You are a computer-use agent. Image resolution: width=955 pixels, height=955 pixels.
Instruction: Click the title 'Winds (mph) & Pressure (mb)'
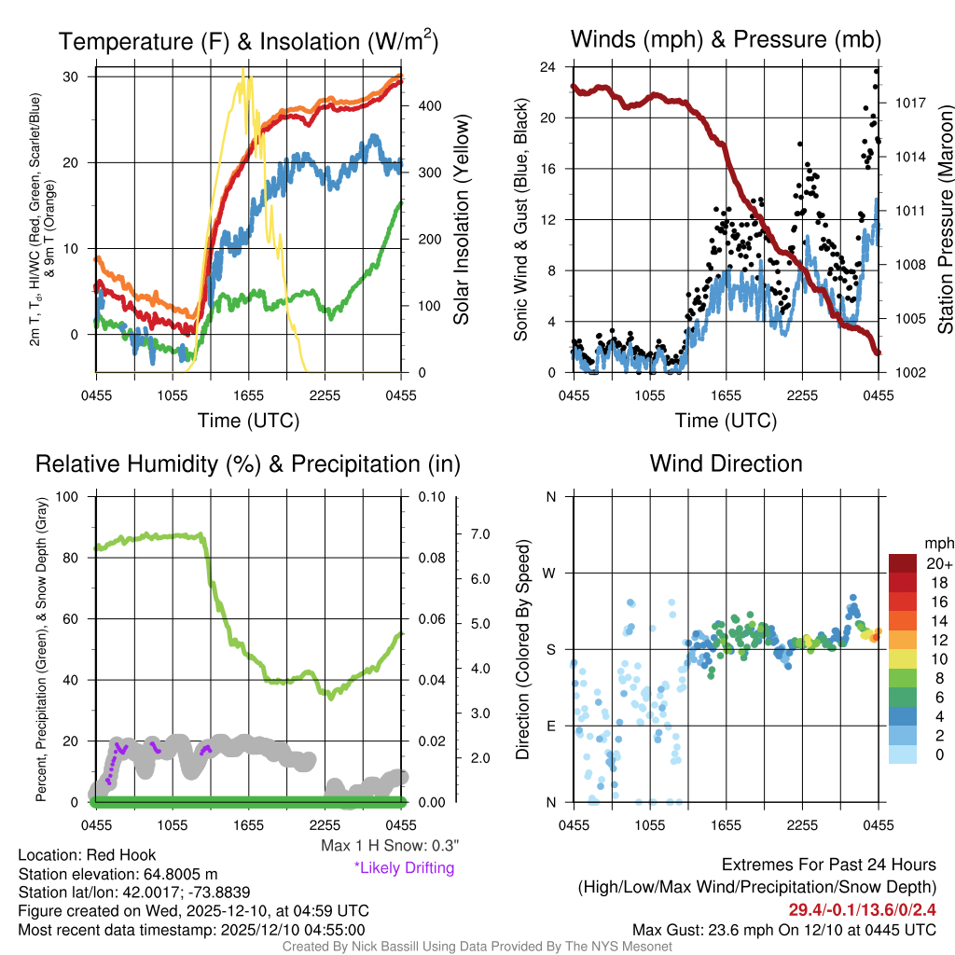coord(726,39)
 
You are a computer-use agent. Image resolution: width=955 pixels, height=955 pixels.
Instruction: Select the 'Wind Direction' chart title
coord(726,464)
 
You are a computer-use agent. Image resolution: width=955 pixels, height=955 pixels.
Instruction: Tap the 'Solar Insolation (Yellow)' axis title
coord(461,220)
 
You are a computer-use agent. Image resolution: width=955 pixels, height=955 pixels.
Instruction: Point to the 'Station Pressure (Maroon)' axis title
coord(944,220)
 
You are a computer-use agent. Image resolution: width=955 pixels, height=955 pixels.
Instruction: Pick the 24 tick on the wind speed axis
coord(548,67)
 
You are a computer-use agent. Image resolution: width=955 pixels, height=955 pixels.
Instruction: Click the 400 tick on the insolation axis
coord(428,106)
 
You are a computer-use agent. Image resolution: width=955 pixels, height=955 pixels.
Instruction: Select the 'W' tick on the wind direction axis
coord(550,574)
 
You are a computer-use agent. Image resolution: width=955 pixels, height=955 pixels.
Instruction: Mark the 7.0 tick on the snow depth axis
coord(479,534)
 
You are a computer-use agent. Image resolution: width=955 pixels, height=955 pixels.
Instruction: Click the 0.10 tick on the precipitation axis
coord(430,496)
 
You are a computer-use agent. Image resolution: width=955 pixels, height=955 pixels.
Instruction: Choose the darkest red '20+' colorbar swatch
coord(903,563)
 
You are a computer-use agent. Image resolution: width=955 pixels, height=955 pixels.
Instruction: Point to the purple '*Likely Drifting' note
coord(404,868)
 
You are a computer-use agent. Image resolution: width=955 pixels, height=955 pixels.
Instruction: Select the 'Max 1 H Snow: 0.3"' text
coord(389,846)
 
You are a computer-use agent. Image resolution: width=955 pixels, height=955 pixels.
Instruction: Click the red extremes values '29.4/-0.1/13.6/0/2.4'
coord(855,909)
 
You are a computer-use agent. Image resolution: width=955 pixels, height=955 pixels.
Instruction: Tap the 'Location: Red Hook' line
coord(87,855)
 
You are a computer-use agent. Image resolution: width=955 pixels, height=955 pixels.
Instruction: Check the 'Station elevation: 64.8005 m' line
coord(118,874)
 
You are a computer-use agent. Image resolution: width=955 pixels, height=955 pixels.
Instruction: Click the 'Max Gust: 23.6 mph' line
coord(783,930)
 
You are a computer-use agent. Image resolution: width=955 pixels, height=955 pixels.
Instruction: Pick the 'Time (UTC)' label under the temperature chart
coord(248,421)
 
